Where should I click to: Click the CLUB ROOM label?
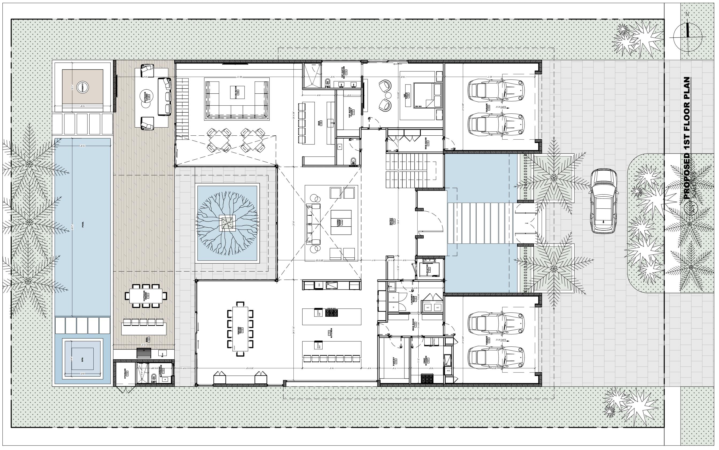click(237, 92)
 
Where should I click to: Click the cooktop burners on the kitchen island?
click(332, 313)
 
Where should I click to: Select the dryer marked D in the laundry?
click(393, 297)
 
